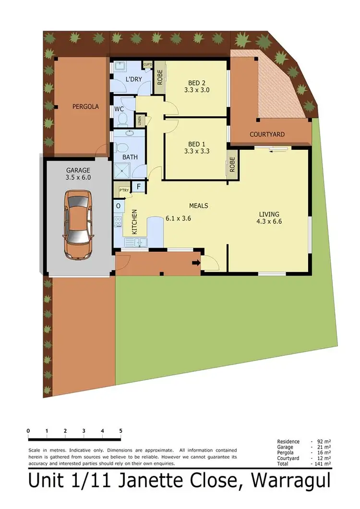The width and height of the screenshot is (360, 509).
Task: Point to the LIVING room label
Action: click(x=269, y=214)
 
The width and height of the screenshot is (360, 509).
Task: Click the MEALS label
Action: click(x=198, y=206)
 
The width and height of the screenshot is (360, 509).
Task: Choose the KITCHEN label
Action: click(x=134, y=222)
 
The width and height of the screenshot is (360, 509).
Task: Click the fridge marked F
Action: click(x=138, y=186)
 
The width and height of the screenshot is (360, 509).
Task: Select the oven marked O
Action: click(x=118, y=206)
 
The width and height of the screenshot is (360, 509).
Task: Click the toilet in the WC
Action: click(x=122, y=119)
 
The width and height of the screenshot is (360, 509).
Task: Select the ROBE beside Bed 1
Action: click(x=232, y=165)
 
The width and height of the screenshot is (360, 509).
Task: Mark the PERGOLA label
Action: click(x=85, y=107)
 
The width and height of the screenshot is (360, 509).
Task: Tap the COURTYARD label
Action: click(x=267, y=134)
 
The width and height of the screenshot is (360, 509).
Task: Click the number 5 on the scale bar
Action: click(x=120, y=431)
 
